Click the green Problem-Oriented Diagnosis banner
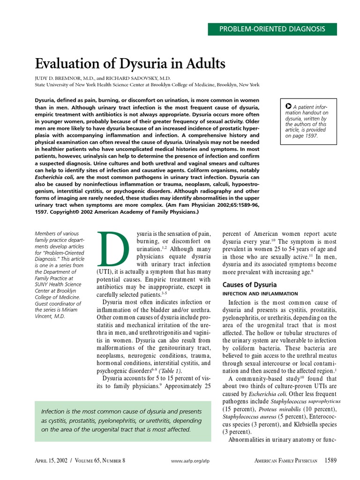pyautogui.click(x=272, y=29)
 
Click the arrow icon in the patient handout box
pyautogui.click(x=289, y=106)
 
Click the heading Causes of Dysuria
pyautogui.click(x=249, y=285)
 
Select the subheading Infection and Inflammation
pyautogui.click(x=260, y=294)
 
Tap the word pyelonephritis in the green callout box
pyautogui.click(x=127, y=420)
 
